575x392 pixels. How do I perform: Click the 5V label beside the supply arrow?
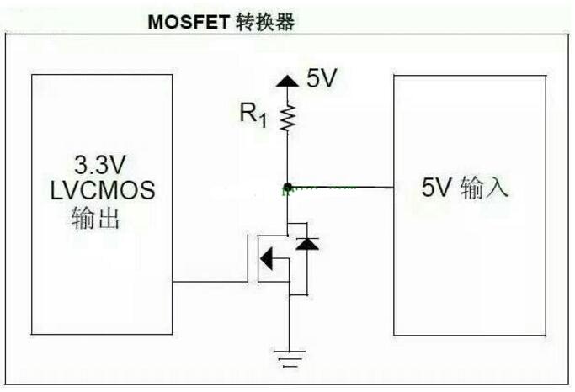point(322,81)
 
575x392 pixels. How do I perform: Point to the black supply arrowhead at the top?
point(287,81)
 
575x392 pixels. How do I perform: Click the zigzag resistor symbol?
point(287,118)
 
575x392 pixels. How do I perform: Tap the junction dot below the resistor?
point(287,186)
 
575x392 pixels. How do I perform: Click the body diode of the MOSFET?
point(309,246)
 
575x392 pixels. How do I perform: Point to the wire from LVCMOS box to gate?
point(210,280)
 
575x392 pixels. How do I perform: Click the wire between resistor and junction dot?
point(287,160)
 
